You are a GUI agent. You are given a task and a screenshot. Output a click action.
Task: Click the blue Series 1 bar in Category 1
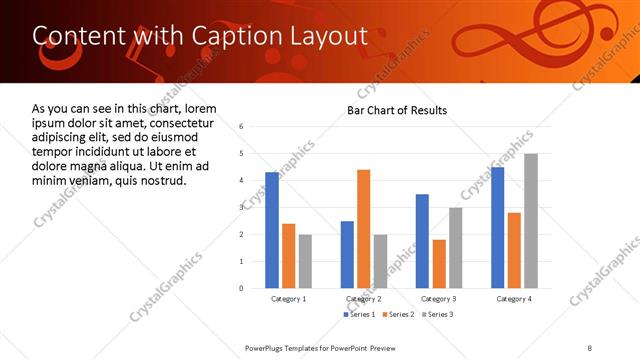272,230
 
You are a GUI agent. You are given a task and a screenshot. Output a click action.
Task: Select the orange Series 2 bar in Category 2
363,229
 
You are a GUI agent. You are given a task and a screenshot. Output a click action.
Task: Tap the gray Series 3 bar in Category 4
530,221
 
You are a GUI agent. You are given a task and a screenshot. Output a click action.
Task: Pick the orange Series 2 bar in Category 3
439,264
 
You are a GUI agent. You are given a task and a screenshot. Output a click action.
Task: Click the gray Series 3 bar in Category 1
305,261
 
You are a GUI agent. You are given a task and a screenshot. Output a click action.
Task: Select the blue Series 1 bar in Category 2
347,254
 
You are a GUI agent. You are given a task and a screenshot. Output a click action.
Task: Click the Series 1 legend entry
362,315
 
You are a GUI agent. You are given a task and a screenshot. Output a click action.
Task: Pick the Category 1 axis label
289,299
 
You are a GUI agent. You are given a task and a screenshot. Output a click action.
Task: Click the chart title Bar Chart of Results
397,110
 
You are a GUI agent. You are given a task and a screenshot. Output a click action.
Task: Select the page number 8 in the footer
589,347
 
